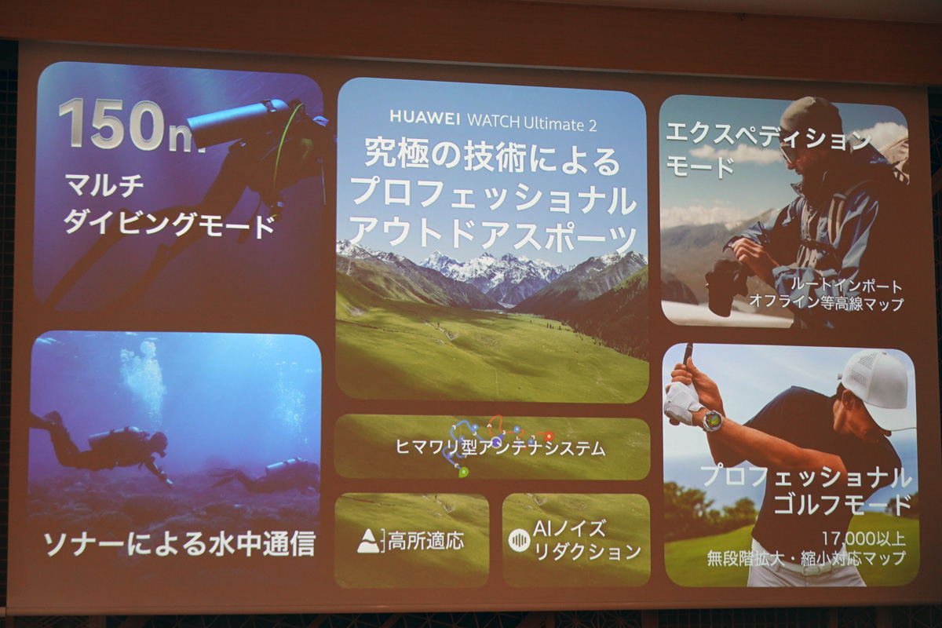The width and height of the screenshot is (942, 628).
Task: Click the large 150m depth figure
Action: coord(131,125)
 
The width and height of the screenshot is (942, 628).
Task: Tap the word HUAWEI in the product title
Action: coord(425,118)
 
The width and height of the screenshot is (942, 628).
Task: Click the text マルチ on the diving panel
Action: coord(104,185)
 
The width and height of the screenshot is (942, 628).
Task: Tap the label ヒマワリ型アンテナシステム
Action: coord(501,448)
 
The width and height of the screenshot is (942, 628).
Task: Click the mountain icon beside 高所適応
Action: coord(369,541)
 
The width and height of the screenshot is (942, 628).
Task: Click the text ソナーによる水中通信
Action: coord(180,543)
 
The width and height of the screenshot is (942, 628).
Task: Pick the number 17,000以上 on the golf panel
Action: coord(863,539)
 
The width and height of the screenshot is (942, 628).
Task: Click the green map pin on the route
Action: coord(463,473)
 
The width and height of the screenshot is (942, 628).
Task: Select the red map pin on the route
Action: coord(549,436)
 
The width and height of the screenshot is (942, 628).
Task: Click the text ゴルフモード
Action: coord(842,506)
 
